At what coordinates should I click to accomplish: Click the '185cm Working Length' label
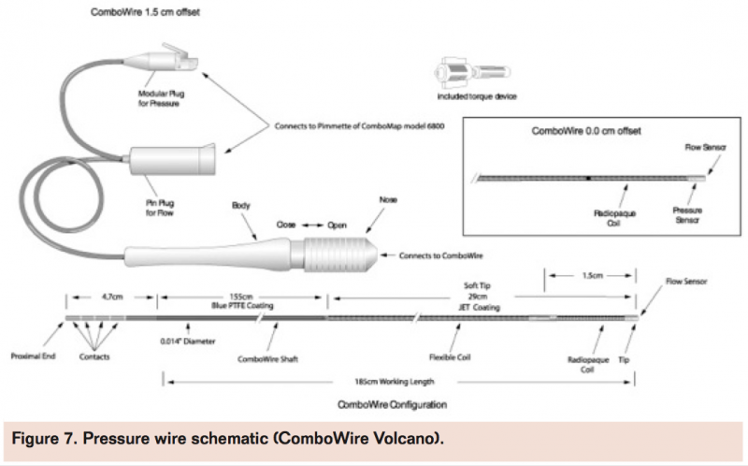pos(400,381)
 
